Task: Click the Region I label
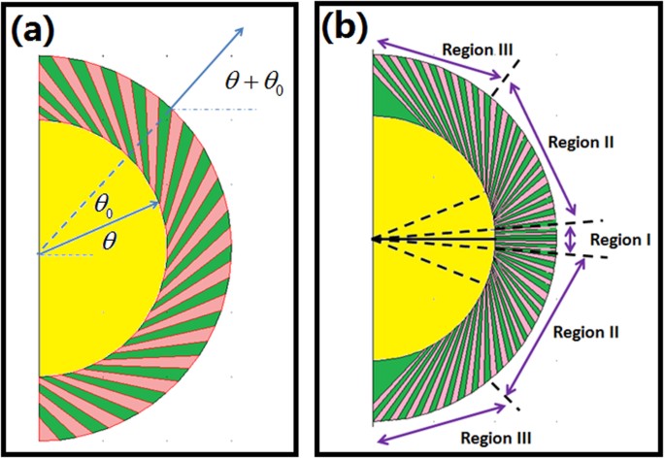(x=622, y=238)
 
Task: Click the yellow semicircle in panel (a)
(x=87, y=291)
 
